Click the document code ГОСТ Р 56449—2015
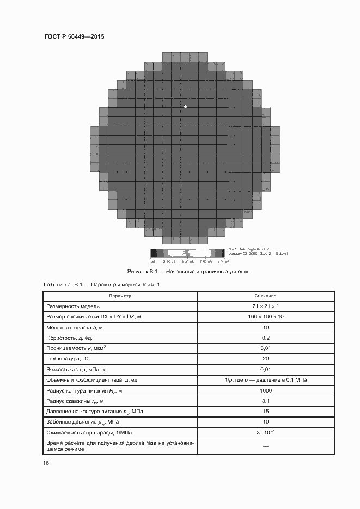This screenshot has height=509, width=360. [74, 36]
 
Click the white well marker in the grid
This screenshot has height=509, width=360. [186, 106]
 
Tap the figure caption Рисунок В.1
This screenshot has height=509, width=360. [188, 271]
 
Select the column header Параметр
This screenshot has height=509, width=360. [120, 296]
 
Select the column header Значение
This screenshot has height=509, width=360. [265, 296]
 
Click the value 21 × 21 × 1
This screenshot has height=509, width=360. [265, 306]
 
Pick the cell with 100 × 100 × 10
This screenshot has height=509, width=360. [265, 316]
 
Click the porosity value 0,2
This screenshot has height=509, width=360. [265, 338]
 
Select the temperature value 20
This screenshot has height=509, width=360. [265, 358]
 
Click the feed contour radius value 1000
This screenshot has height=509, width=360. [265, 390]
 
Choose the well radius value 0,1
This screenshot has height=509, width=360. [265, 401]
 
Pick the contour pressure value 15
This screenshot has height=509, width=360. [265, 411]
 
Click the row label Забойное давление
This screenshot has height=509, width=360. [82, 422]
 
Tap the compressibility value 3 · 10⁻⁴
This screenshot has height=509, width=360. [265, 432]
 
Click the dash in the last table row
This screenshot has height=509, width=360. [265, 446]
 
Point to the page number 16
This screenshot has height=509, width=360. [46, 463]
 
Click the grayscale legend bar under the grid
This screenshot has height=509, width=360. [187, 253]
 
